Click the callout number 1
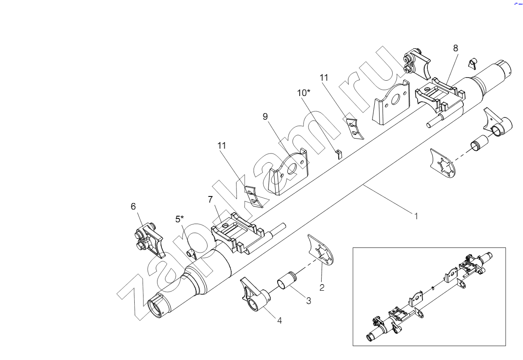[x=416, y=216]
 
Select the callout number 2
[x=322, y=288]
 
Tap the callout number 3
[x=308, y=301]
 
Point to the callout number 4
[x=279, y=321]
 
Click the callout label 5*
[x=180, y=218]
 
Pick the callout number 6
[x=133, y=206]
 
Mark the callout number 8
[x=455, y=48]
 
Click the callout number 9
[x=265, y=116]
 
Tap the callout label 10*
[x=304, y=93]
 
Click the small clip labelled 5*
[x=192, y=253]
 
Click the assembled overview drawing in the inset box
[x=429, y=296]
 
